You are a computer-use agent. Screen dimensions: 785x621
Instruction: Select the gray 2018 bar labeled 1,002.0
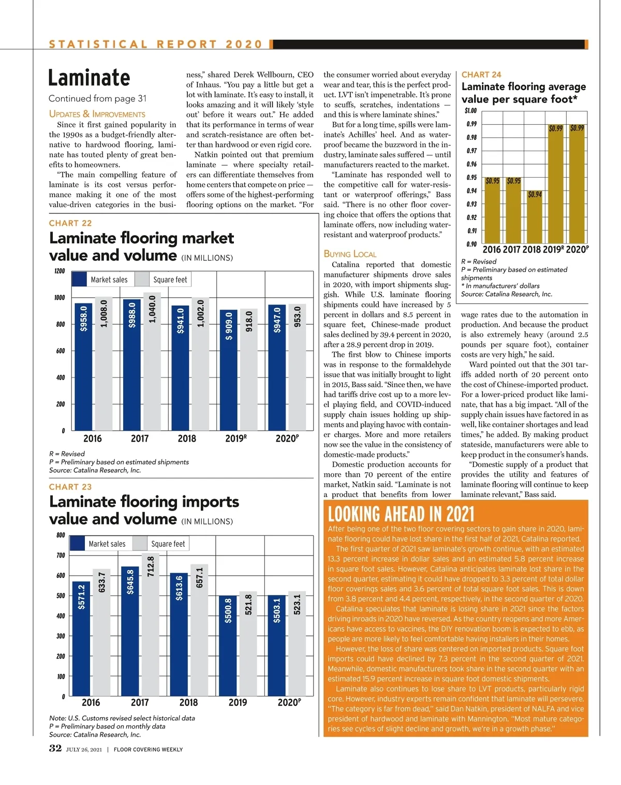(201, 365)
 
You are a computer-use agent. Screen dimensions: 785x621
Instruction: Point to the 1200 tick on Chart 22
(60, 271)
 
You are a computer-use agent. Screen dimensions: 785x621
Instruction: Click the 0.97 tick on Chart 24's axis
(471, 151)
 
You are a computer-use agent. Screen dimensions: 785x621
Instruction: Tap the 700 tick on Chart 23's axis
(61, 556)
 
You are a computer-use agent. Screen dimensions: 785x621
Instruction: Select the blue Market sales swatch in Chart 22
(79, 280)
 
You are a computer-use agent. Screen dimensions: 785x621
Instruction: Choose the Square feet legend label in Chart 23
(168, 544)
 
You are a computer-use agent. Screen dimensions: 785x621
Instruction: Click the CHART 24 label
(481, 75)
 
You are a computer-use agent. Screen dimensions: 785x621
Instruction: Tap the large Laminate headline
(89, 78)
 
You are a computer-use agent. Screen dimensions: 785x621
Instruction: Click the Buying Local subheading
(350, 254)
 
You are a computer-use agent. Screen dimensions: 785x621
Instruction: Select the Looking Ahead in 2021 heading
(401, 514)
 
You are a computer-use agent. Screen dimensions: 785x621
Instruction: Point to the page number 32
(55, 748)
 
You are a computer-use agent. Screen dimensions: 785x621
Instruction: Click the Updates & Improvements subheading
(97, 114)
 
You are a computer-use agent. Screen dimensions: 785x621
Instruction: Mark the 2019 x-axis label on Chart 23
(238, 703)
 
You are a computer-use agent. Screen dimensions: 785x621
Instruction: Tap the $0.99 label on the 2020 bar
(577, 128)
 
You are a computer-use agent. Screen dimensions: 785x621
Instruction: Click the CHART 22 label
(70, 223)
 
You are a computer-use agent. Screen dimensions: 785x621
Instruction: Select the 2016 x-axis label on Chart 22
(93, 439)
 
